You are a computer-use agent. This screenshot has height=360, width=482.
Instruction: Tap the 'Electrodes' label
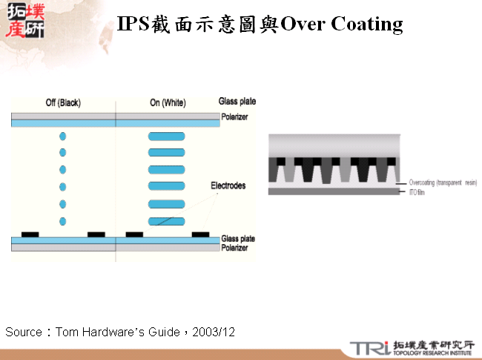pyautogui.click(x=228, y=186)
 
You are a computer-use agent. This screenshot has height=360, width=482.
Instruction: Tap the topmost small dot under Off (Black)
pyautogui.click(x=62, y=137)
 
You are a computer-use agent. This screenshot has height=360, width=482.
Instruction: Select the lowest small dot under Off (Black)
pyautogui.click(x=62, y=220)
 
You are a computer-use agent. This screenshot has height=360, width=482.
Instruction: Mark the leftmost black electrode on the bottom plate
pyautogui.click(x=30, y=235)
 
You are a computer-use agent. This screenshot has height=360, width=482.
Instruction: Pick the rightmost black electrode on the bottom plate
pyautogui.click(x=201, y=235)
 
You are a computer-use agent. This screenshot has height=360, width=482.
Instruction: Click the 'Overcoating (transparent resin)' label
pyautogui.click(x=443, y=183)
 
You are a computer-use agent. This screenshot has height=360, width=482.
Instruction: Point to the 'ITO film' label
pyautogui.click(x=417, y=192)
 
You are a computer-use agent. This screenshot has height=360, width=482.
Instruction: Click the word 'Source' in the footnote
pyautogui.click(x=24, y=332)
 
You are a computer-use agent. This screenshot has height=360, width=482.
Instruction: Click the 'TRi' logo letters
pyautogui.click(x=369, y=347)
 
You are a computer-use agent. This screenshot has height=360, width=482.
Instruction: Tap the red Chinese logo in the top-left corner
pyautogui.click(x=24, y=21)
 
